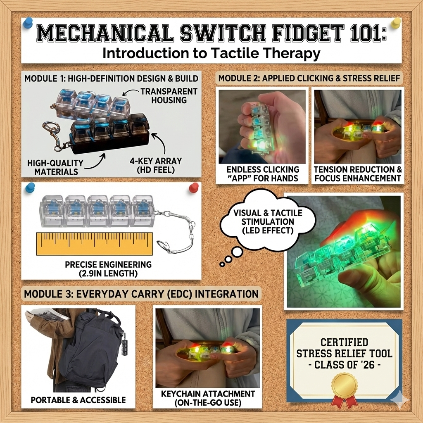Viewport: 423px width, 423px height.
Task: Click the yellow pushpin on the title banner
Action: (396, 23)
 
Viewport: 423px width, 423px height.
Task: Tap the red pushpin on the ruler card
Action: (194, 188)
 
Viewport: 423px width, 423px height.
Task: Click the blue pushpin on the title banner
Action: (28, 23)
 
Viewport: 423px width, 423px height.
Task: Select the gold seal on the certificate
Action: (344, 386)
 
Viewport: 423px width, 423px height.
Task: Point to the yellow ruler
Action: (95, 244)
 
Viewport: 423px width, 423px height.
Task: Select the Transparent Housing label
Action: (169, 96)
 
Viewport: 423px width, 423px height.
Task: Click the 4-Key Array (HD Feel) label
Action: (156, 165)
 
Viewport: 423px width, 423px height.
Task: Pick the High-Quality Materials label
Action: (56, 167)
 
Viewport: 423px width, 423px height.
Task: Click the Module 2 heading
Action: (309, 78)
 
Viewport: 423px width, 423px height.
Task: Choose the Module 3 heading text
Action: (141, 294)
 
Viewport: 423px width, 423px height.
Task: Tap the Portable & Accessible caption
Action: (78, 400)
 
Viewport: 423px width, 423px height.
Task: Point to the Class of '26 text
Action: (344, 365)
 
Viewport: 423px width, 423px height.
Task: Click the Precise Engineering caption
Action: (109, 269)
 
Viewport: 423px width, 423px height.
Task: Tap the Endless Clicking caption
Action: (263, 174)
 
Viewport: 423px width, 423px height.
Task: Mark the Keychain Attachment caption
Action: (208, 398)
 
